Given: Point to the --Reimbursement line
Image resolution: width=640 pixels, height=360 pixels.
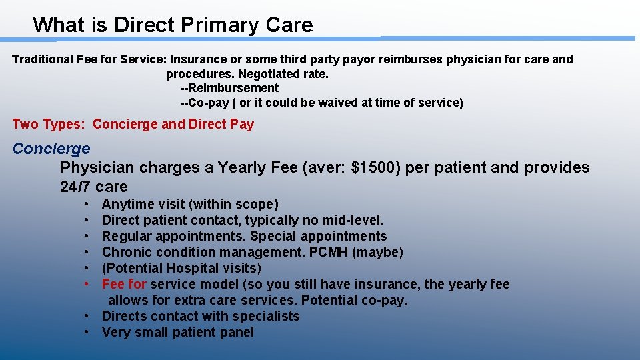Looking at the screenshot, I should click(x=229, y=88).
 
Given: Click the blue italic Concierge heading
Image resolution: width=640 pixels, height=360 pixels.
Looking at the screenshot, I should click(x=51, y=149).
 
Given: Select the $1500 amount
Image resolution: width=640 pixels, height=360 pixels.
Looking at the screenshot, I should click(x=376, y=167).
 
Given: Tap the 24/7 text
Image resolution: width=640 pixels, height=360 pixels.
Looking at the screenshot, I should click(x=75, y=187).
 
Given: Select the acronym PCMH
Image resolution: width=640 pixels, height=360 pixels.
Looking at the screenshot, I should click(x=328, y=252).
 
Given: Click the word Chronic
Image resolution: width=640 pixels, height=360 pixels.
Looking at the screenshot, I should click(x=127, y=252).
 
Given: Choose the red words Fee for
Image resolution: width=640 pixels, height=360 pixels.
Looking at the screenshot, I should click(x=124, y=284).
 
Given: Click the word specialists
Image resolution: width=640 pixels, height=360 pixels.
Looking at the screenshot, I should click(x=265, y=316).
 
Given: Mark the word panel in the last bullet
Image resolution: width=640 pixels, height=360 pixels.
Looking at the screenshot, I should click(x=235, y=332).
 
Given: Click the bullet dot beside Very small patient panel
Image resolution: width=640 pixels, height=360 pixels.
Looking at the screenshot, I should click(x=88, y=332).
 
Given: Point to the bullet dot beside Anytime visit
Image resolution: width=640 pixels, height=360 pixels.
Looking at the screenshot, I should click(x=88, y=204).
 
